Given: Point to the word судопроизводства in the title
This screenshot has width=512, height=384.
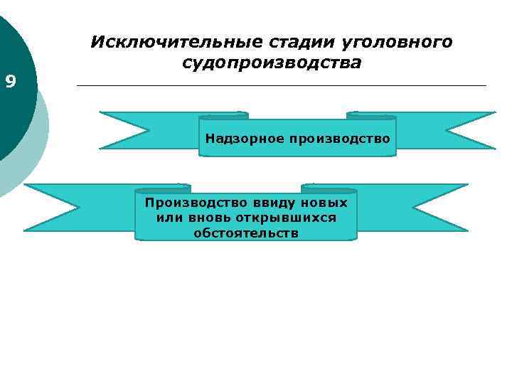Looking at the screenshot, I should click(x=271, y=63).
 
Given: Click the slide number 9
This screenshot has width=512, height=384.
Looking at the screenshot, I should click(x=10, y=82).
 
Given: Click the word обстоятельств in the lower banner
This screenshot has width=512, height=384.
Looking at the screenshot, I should click(x=246, y=233).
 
